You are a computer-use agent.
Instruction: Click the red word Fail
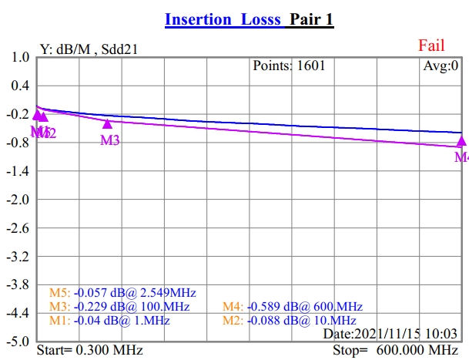point(431,45)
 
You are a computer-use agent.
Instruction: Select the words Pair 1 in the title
point(311,19)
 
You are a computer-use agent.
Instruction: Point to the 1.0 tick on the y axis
point(21,58)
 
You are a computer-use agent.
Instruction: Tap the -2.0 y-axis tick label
point(18,200)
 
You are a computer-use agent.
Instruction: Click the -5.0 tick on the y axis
point(18,341)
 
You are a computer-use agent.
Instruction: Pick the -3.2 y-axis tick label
point(18,256)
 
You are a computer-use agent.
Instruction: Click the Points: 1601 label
point(289,66)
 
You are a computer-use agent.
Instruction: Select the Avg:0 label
point(441,66)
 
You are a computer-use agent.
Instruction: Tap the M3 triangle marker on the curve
point(107,123)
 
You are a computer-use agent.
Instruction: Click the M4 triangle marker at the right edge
point(461,141)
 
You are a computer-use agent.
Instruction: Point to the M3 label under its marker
point(110,140)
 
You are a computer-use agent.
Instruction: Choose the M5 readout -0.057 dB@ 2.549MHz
point(123,293)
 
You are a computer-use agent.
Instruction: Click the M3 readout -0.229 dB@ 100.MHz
point(123,307)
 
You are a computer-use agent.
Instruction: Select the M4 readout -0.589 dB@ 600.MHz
point(293,307)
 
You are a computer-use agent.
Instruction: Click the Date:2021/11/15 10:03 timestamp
point(391,334)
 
